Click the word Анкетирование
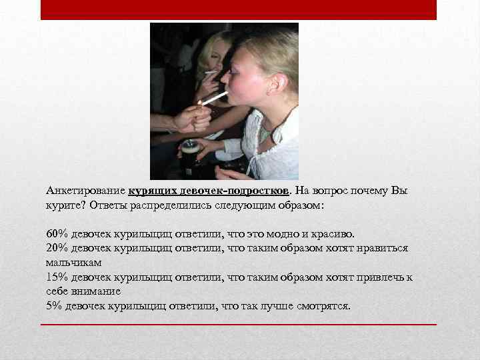coord(85,191)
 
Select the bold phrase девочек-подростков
coord(230,191)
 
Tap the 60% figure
coord(56,234)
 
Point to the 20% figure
coord(56,248)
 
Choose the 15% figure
coord(56,277)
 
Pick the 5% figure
coord(53,306)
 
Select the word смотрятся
coord(326,306)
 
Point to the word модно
coord(282,234)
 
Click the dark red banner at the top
coord(239,9)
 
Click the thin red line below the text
coord(239,324)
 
